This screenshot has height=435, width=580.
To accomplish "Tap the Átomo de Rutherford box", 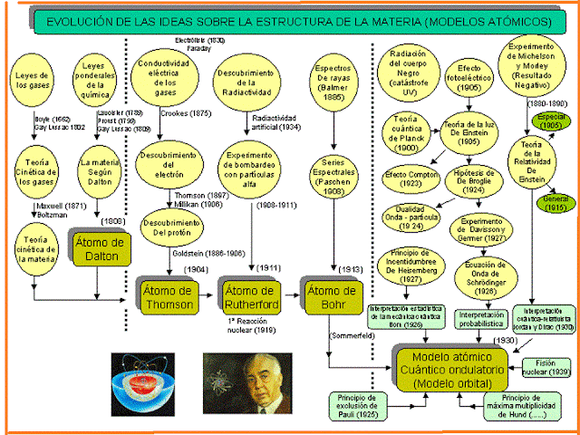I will pos(250,298).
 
